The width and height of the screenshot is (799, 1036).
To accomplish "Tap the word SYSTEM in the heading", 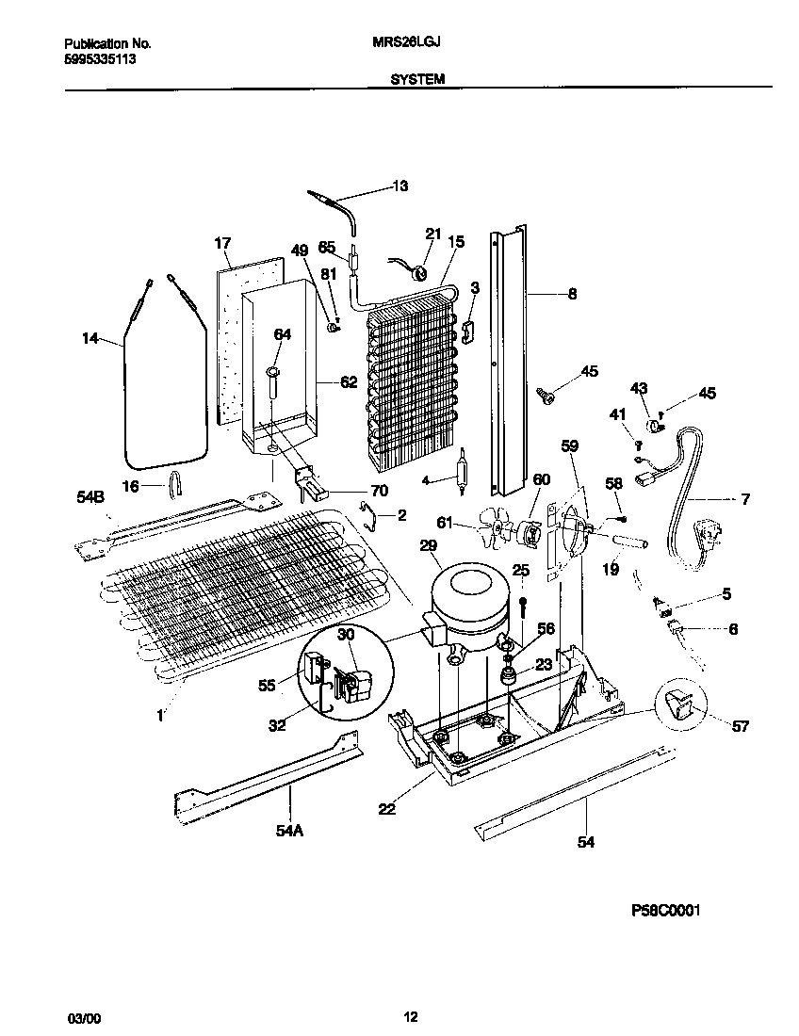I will pos(417,81).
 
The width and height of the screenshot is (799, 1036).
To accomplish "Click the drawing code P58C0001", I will pos(664,912).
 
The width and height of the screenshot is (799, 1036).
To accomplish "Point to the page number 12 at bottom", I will pos(410,1016).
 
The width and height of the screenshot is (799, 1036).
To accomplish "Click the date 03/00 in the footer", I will pos(82,1018).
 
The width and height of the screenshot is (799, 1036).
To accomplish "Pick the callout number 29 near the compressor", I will pos(429,546).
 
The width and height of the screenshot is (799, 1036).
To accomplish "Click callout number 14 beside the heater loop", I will pos(90,338).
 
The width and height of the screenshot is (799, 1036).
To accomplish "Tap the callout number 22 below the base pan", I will pos(385,808).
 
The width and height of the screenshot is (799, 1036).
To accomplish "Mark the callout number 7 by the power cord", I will pos(745,499).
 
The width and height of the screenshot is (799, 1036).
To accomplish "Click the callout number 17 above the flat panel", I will pos(222,244).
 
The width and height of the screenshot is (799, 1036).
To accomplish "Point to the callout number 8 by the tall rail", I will pos(572,294).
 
